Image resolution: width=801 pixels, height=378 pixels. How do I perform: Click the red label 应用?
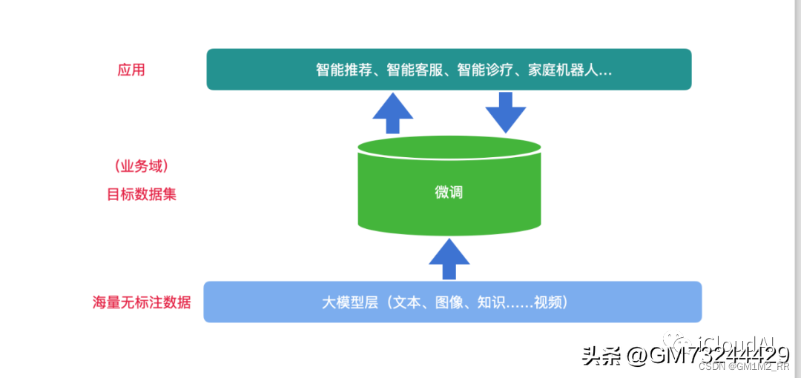point(131,70)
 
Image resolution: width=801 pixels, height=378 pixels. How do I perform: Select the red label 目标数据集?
point(142,195)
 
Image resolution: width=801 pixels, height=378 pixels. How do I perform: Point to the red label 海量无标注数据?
point(141,302)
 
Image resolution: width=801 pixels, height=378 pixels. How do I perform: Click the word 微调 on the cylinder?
point(449,192)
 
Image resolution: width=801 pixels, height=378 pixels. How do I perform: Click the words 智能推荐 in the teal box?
point(342,70)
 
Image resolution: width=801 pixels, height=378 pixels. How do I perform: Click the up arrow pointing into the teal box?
point(393,113)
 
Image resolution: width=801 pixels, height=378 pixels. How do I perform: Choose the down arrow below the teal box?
point(506,112)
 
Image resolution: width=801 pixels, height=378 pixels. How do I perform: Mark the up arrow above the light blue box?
point(449,258)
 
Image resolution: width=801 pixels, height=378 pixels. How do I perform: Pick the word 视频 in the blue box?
point(553,302)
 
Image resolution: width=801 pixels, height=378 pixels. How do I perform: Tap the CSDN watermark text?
point(711,366)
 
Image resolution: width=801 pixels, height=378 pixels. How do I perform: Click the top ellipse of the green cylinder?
point(449,146)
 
